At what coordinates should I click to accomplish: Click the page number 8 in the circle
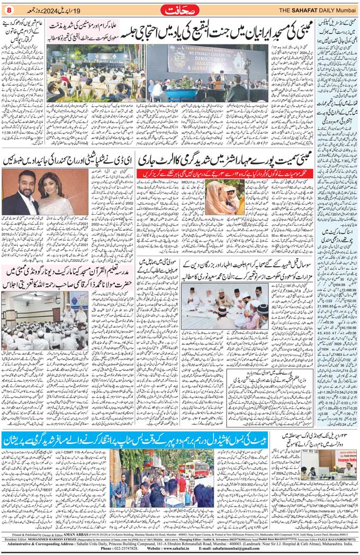pyautogui.click(x=8, y=9)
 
